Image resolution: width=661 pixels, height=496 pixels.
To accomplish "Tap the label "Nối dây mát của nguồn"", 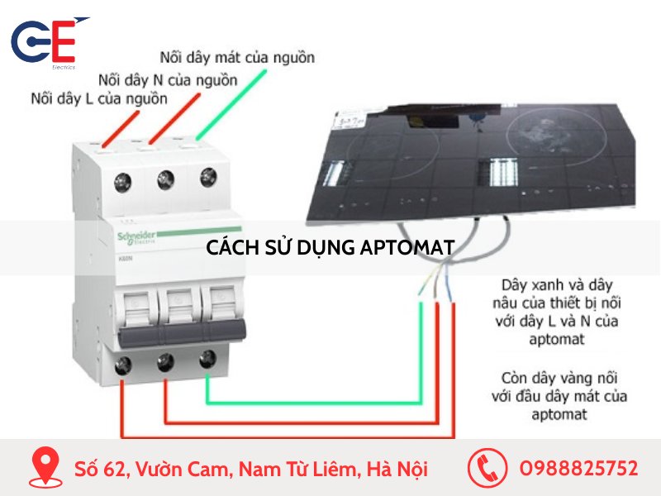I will tap(237, 58).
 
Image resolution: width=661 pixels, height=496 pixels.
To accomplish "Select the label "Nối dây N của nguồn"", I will tap(168, 80).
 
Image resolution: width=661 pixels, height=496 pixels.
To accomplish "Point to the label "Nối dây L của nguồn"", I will tap(99, 99).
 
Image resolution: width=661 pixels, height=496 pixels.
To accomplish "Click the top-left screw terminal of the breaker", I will tap(126, 179).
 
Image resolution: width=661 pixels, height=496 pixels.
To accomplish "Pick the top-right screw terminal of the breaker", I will tap(207, 176).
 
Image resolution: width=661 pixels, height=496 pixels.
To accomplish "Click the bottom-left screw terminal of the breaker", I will tap(124, 364).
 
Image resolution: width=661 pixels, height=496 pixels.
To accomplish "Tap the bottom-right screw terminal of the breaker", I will tap(207, 359).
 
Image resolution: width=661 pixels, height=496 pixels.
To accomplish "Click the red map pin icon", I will tap(45, 468).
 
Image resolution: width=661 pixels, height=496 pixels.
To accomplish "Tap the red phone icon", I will tap(487, 468).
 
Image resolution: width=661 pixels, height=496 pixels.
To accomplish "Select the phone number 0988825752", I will tap(578, 469).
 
